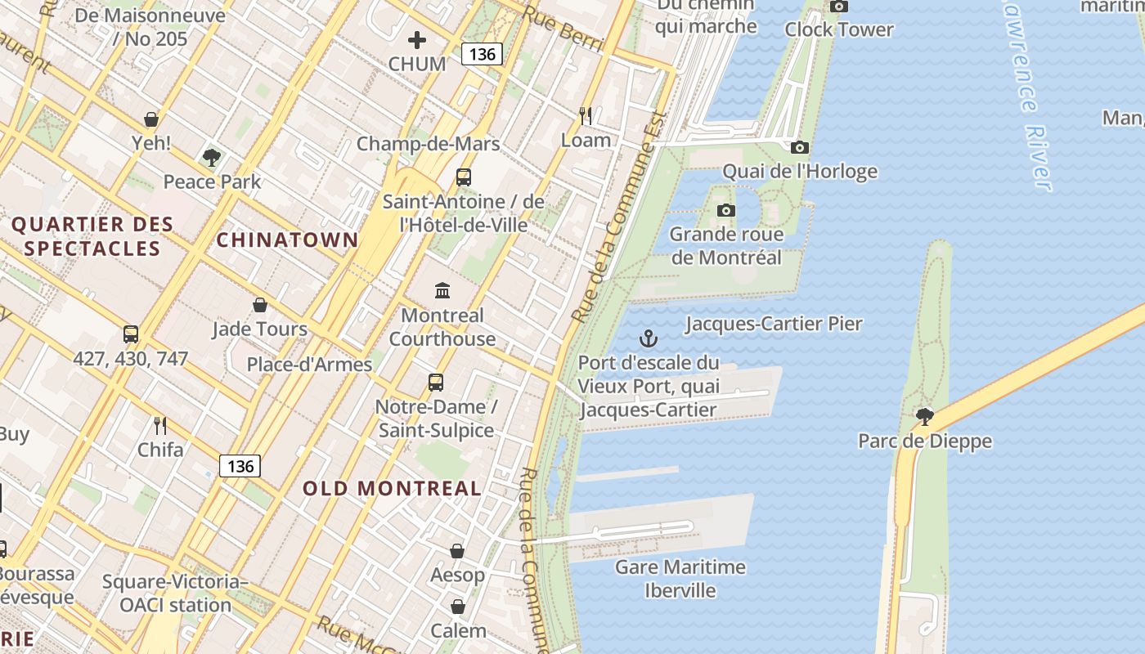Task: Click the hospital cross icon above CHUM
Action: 417,39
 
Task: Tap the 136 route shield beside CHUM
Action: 482,54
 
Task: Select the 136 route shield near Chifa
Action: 240,466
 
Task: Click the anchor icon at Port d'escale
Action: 649,338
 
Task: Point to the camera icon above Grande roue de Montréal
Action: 725,211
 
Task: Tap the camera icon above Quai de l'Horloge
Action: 800,148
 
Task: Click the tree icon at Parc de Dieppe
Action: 925,417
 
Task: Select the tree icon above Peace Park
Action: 212,157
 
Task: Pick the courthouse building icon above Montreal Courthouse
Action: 442,290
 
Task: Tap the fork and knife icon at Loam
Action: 586,116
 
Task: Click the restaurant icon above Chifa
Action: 160,425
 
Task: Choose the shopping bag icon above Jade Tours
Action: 260,305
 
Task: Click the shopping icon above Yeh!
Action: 151,119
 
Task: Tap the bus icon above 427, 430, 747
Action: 131,334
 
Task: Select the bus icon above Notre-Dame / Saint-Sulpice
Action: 436,382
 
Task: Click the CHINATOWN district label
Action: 287,240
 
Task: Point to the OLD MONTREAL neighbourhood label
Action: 393,488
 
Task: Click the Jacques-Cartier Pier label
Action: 774,324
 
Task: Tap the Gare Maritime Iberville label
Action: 680,578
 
